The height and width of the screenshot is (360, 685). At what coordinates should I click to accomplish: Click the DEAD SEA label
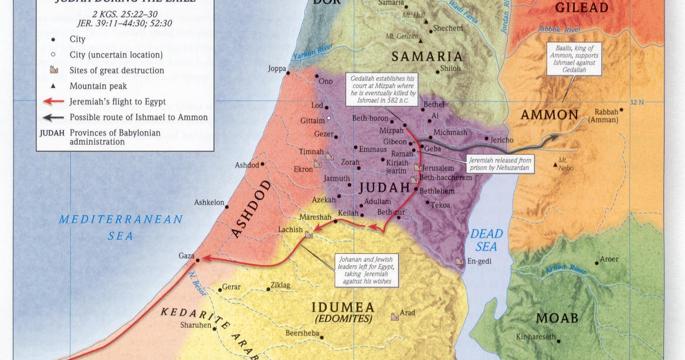point(486,240)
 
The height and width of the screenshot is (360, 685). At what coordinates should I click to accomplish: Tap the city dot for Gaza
point(198,260)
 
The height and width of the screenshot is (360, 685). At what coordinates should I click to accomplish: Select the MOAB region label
point(557,318)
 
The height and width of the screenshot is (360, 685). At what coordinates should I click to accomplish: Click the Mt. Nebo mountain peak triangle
point(555,165)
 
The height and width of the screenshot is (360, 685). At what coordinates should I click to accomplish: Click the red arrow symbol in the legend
point(53,101)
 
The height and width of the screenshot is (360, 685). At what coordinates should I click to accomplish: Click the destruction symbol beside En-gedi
point(460,261)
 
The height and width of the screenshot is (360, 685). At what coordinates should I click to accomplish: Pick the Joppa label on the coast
point(277,69)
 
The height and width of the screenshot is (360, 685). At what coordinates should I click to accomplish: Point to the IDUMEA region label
point(343,307)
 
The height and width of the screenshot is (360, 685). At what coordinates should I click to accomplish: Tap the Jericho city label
point(502,140)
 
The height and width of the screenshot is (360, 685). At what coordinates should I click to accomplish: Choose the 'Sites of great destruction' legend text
point(117,70)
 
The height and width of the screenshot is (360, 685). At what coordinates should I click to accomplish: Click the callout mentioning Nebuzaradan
point(501,164)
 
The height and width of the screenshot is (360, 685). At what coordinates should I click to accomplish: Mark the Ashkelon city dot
point(228,203)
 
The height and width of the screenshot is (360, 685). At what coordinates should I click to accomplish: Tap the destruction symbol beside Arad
point(395,317)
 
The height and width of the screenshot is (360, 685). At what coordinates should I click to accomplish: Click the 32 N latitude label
point(637,103)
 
